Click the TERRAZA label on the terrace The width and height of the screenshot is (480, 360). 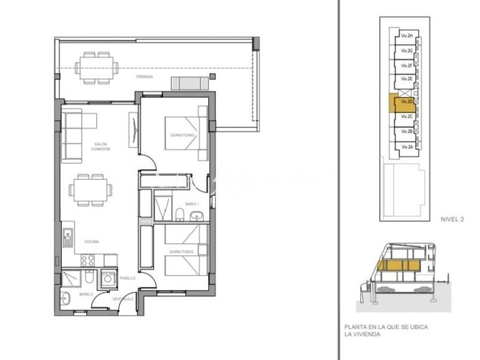pos(144,76)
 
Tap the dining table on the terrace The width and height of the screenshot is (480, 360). pos(97,67)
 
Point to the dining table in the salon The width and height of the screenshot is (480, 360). pos(90,189)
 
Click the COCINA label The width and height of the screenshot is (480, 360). pos(92,241)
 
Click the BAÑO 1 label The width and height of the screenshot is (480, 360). pos(192,204)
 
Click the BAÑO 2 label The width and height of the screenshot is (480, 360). pos(86,293)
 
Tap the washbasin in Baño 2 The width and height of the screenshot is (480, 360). pos(67,297)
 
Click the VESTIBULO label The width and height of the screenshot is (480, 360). pos(122,299)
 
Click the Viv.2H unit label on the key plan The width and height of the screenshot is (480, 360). pos(407,36)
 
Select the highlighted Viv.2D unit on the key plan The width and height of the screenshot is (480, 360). pos(401,102)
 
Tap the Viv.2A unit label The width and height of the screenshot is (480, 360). pos(407,146)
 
